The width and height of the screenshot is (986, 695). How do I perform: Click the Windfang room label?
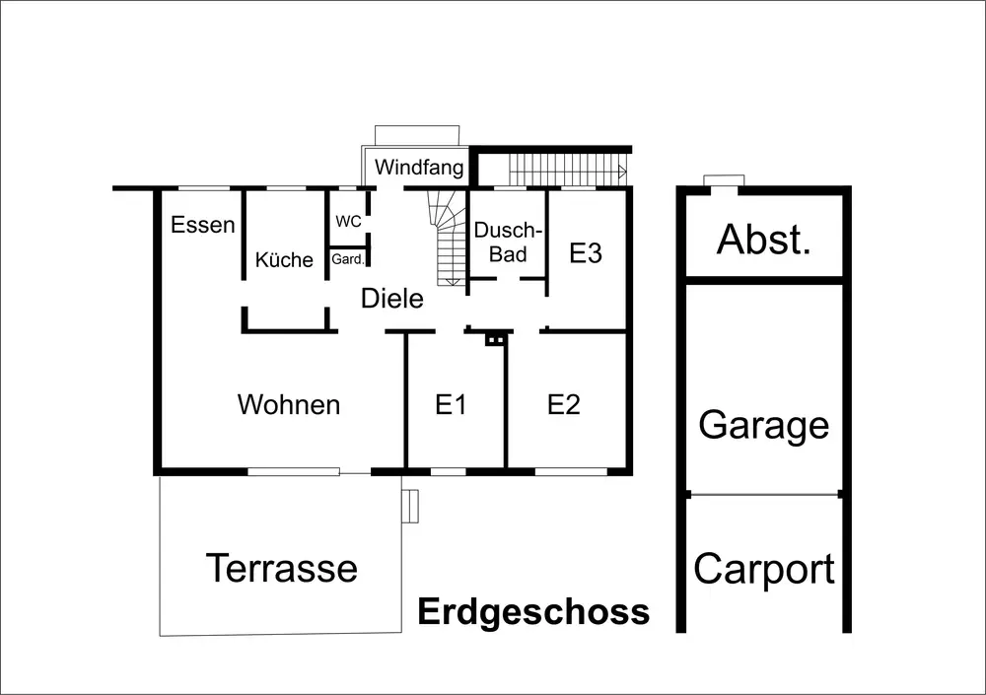[x=419, y=168]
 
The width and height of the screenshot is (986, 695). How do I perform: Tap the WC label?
[x=348, y=222]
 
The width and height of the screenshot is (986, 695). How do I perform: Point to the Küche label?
[x=284, y=260]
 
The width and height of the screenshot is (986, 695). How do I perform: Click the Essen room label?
[x=203, y=225]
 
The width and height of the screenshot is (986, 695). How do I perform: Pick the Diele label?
[x=391, y=299]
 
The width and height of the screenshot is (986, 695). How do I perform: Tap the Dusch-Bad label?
[x=508, y=243]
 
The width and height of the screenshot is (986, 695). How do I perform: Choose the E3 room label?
[x=586, y=253]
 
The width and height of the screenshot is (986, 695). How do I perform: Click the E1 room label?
[x=451, y=404]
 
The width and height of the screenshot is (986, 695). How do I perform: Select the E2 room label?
[x=564, y=404]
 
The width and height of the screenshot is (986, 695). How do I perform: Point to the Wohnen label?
[x=289, y=404]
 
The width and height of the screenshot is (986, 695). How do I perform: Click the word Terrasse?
[x=281, y=568]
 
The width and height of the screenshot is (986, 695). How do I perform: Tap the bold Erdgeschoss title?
[x=533, y=612]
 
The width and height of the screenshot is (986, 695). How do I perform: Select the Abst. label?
[x=764, y=240]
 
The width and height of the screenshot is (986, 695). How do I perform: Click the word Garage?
[x=764, y=426]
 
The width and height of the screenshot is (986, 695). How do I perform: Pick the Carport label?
[x=764, y=570]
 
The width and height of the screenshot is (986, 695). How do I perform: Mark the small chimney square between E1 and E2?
[x=495, y=340]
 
